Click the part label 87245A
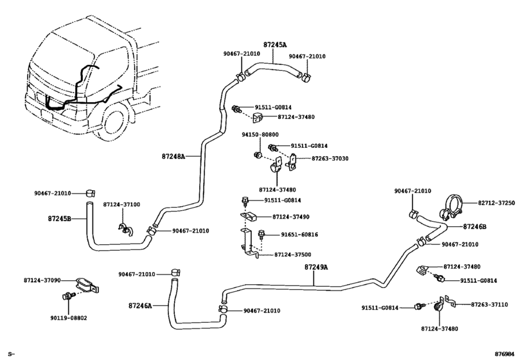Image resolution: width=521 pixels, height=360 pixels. pyautogui.click(x=275, y=44)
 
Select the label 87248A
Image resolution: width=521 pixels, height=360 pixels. pyautogui.click(x=173, y=156)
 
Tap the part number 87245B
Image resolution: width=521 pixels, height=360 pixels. pyautogui.click(x=60, y=219)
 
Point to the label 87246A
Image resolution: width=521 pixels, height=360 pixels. pyautogui.click(x=140, y=305)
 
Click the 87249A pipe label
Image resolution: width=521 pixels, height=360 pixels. pyautogui.click(x=316, y=267)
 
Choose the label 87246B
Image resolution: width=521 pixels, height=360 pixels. pyautogui.click(x=475, y=227)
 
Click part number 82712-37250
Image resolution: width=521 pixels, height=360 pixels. pyautogui.click(x=497, y=203)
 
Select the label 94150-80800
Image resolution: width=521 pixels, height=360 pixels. pyautogui.click(x=260, y=134)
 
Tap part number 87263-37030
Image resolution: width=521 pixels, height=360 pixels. pyautogui.click(x=330, y=159)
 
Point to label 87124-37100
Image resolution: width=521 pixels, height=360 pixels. pyautogui.click(x=121, y=204)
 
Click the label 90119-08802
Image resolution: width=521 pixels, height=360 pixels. pyautogui.click(x=69, y=318)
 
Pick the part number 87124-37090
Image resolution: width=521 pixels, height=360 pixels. pyautogui.click(x=42, y=280)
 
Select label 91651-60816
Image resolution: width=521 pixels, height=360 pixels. pyautogui.click(x=299, y=235)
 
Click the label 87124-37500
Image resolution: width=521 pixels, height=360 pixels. pyautogui.click(x=293, y=255)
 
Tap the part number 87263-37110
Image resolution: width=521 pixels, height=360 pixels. pyautogui.click(x=489, y=305)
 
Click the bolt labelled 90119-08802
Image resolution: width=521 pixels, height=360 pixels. pyautogui.click(x=66, y=296)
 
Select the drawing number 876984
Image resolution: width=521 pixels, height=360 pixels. pyautogui.click(x=504, y=354)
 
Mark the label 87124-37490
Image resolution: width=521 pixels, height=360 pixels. pyautogui.click(x=291, y=217)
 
